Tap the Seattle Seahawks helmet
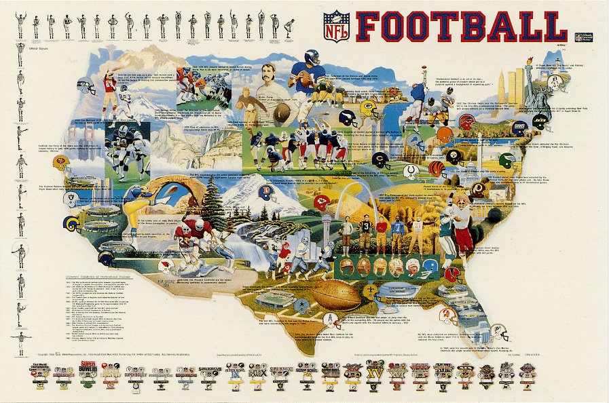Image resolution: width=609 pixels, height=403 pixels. (86, 88)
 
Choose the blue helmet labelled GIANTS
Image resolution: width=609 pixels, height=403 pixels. (519, 127)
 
